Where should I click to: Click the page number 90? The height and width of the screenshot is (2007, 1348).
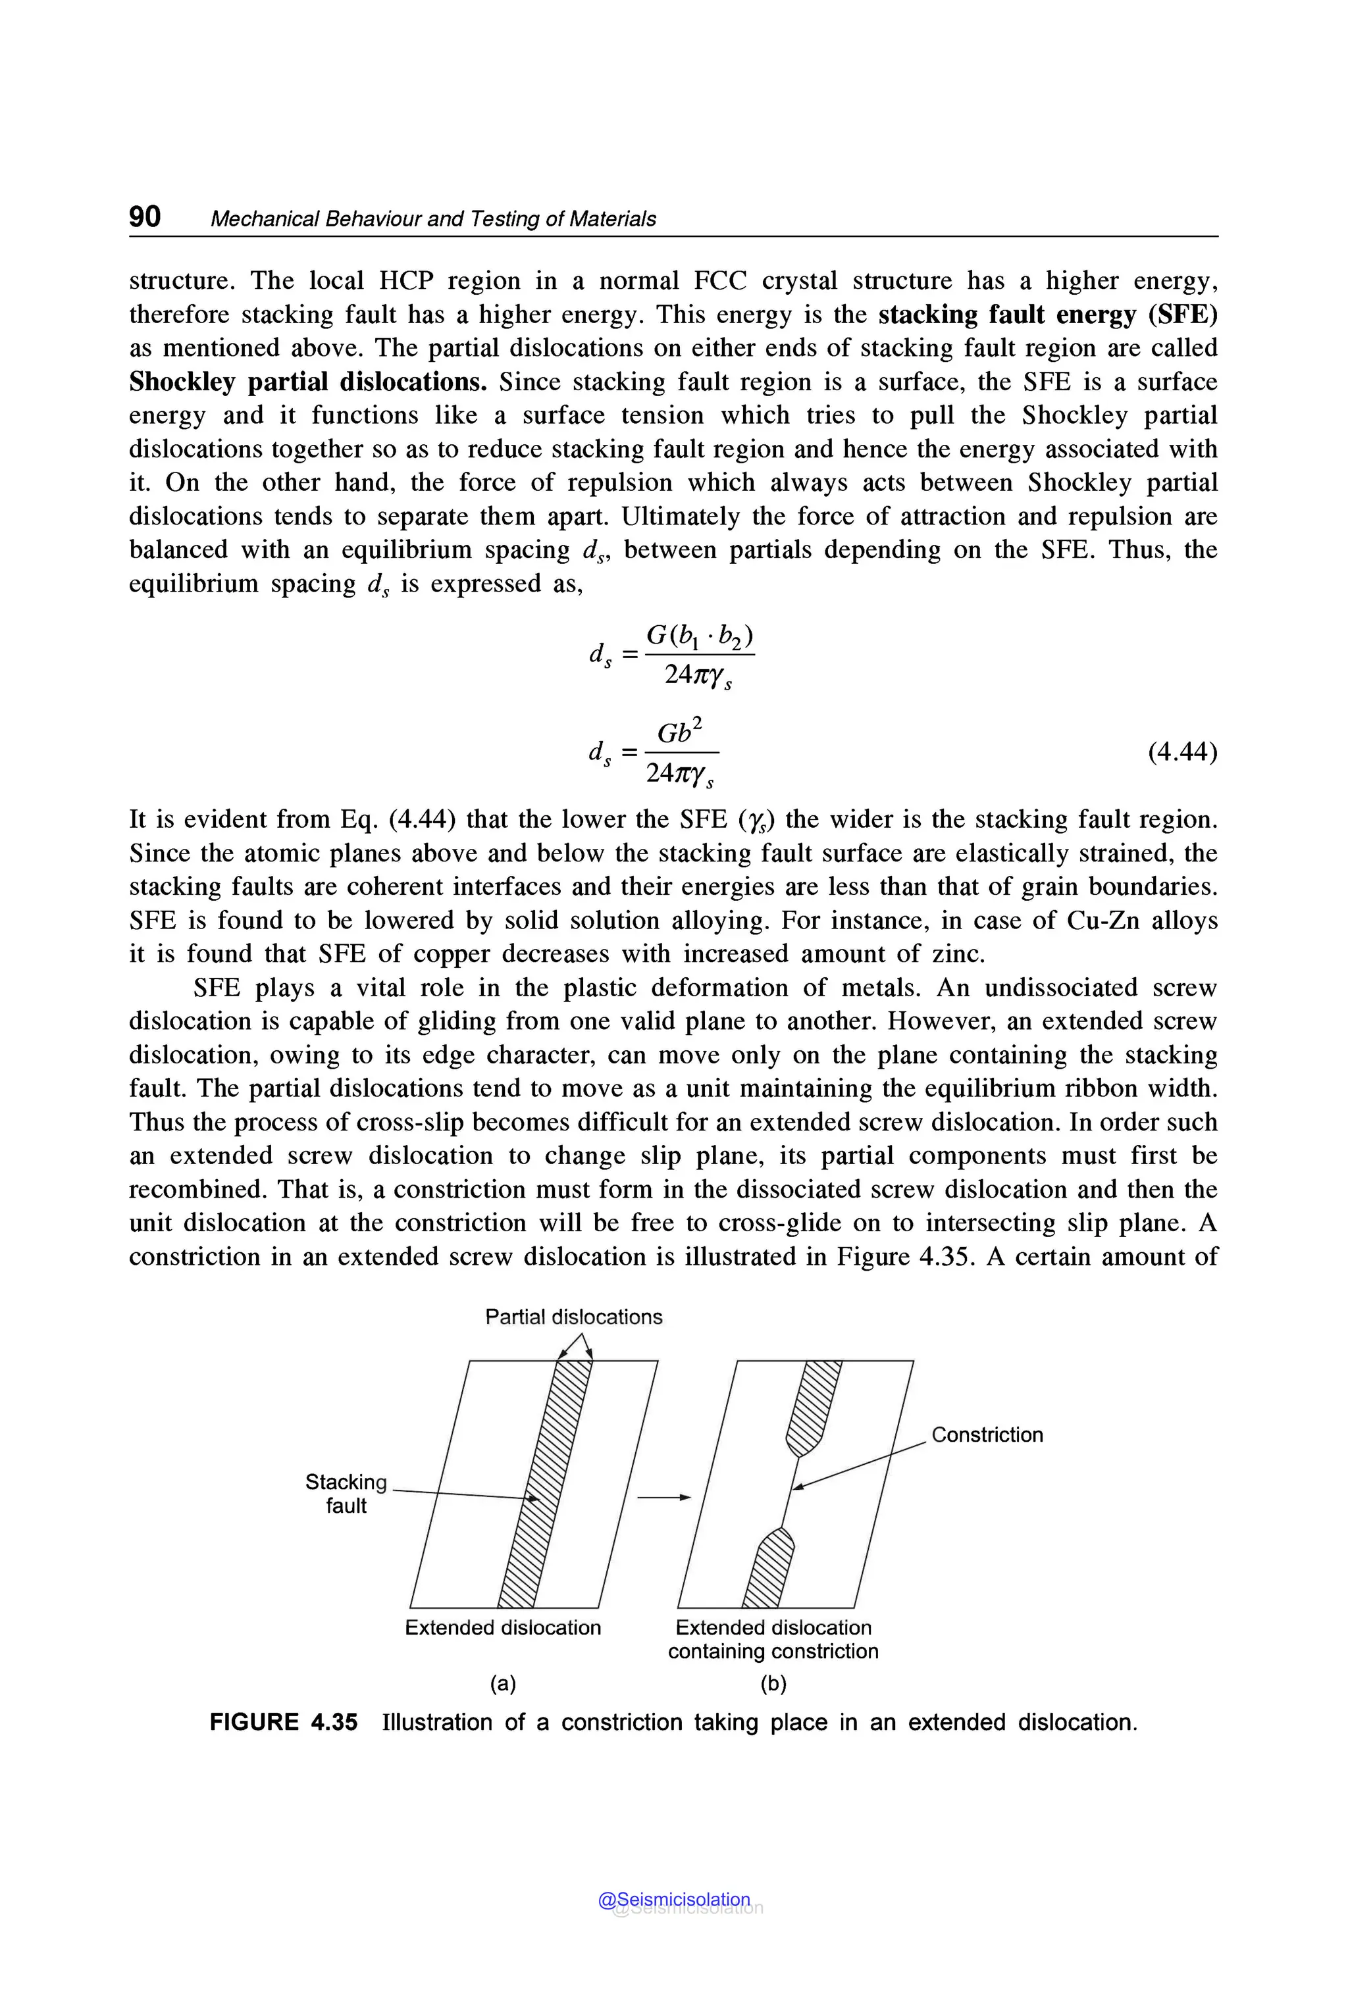[144, 216]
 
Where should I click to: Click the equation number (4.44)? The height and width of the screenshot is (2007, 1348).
[1182, 752]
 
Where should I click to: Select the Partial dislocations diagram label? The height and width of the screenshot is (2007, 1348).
[573, 1317]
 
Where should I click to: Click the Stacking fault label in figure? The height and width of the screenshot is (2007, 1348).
[346, 1493]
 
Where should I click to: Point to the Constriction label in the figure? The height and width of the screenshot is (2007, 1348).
[987, 1435]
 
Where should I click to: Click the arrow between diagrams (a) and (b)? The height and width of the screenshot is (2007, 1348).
[663, 1497]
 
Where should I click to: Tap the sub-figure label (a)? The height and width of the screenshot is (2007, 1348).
[503, 1684]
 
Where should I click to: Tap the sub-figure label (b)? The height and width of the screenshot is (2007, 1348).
[774, 1684]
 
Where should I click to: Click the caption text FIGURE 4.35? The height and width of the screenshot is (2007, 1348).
[284, 1723]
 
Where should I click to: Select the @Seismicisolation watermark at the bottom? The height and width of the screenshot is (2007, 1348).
[674, 1900]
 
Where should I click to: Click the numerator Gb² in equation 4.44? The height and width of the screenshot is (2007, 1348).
[679, 733]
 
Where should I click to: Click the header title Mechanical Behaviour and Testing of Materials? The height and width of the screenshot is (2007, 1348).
[432, 219]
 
